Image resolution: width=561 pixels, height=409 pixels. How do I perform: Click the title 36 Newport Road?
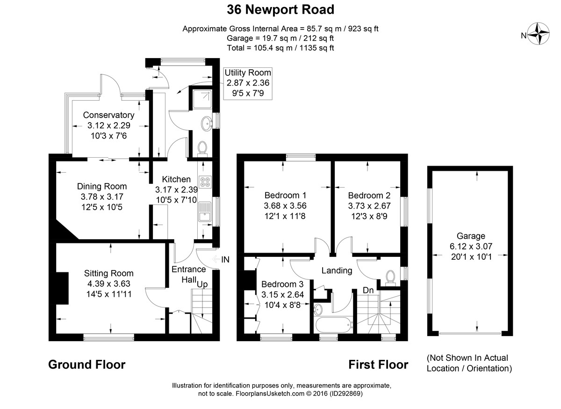(280, 9)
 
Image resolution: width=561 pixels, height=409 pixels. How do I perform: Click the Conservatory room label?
(108, 115)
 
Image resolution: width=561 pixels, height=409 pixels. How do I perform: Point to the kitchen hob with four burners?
(205, 182)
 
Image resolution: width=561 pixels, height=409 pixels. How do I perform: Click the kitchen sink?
(204, 217)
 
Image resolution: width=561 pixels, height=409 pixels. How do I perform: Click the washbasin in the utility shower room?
(206, 124)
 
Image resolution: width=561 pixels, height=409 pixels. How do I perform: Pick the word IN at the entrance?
(225, 259)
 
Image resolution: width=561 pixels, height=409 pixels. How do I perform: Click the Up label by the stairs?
(202, 284)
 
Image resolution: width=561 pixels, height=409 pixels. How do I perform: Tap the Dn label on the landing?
(368, 290)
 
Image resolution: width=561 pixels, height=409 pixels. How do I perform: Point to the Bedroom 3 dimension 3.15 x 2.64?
(282, 294)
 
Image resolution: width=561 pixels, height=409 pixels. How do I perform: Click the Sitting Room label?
(108, 273)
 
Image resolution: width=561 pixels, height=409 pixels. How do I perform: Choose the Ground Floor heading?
(86, 365)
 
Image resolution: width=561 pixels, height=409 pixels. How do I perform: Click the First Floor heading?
(378, 365)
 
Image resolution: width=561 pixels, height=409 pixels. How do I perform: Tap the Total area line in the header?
(280, 48)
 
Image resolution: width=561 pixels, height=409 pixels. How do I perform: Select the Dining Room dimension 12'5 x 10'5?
(102, 207)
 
